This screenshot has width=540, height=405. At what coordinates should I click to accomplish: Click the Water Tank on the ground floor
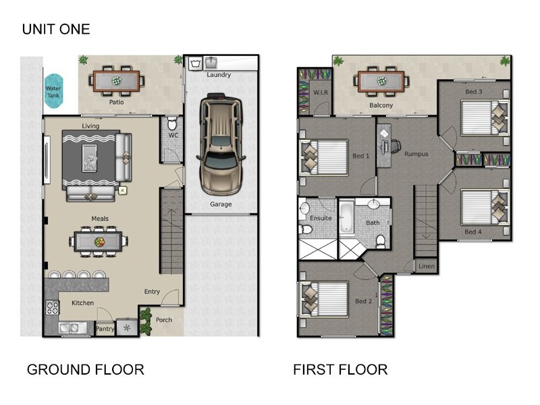pos(53,91)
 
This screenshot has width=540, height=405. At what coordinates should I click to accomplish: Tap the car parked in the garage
pos(221,144)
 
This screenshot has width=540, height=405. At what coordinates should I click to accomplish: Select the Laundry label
pos(219,75)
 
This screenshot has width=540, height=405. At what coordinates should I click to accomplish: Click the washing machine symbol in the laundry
pos(196,63)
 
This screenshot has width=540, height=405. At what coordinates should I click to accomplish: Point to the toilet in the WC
pos(172,124)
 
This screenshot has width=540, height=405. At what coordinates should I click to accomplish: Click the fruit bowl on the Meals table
pos(99,242)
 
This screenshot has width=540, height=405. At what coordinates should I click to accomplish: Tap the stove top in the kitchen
pos(53,308)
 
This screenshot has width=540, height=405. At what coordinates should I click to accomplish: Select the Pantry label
pos(105,329)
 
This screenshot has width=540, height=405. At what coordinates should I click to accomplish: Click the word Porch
pos(164,319)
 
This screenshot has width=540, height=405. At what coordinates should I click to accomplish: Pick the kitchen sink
pos(73,328)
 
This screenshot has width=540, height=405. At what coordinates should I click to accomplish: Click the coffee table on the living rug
pos(90,158)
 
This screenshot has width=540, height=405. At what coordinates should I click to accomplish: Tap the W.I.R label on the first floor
pos(321,92)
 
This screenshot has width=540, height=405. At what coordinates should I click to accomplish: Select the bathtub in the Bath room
pos(346,218)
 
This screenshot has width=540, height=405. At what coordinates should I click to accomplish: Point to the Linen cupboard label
pos(427,266)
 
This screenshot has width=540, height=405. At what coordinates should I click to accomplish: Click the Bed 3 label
pos(474,92)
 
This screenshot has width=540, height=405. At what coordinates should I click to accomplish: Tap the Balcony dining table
pos(381,81)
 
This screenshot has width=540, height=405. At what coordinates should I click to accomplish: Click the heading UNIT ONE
pos(56,29)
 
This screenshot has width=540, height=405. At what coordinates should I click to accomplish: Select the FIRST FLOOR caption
pos(340,369)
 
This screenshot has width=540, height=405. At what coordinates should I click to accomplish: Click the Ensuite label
pos(321,218)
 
